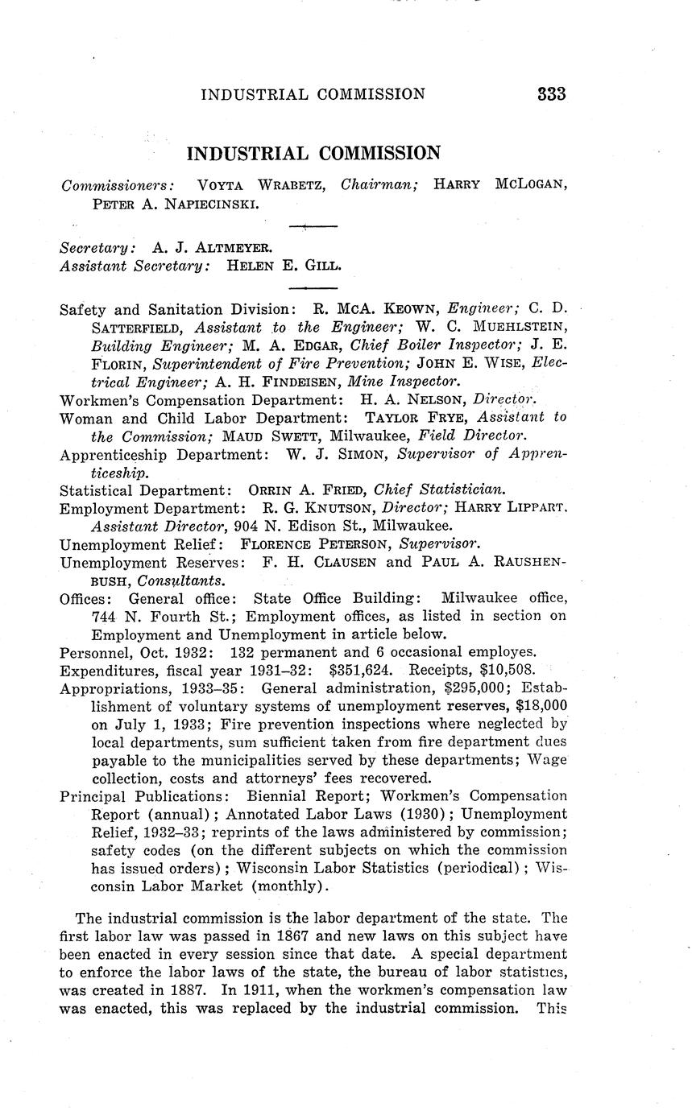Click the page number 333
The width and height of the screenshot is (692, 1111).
[x=552, y=94]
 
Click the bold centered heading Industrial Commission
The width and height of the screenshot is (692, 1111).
[x=313, y=153]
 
